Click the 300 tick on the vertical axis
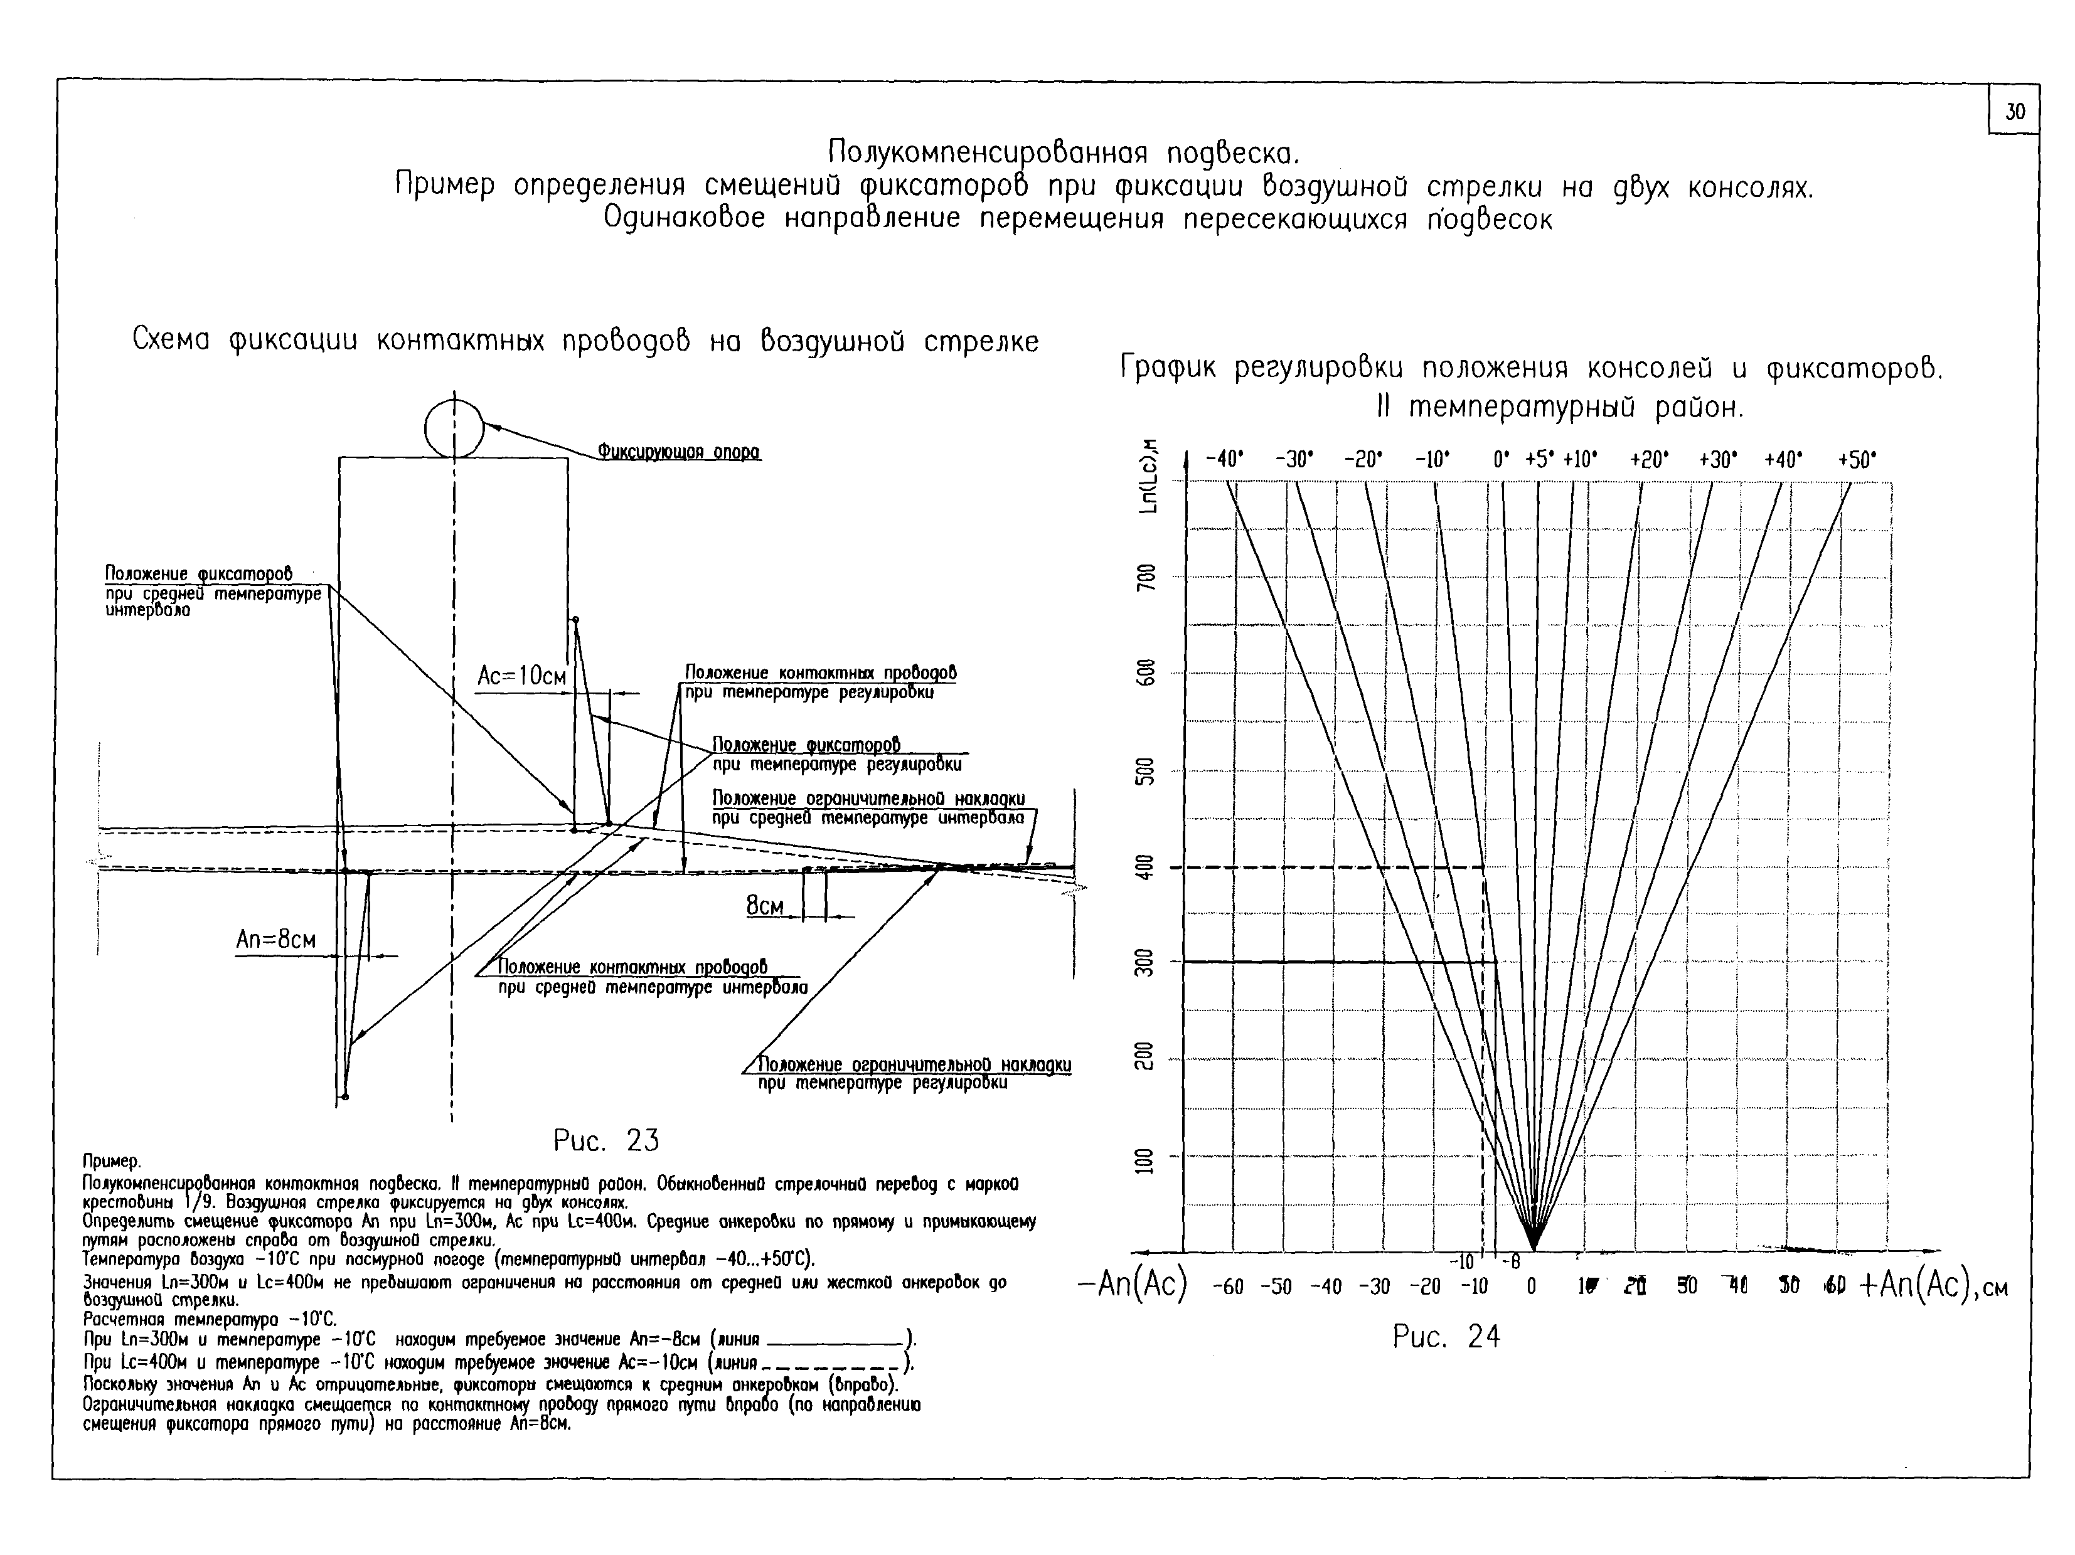(x=1145, y=962)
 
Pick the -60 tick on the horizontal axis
(x=1227, y=1287)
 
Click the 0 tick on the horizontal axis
(x=1531, y=1287)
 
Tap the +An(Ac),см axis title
(x=1933, y=1285)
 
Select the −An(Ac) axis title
(x=1132, y=1285)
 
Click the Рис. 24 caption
(x=1446, y=1337)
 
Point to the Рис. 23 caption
(x=606, y=1140)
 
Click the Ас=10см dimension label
(x=521, y=676)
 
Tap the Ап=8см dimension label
(x=276, y=940)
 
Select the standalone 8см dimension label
(x=764, y=906)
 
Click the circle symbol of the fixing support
(x=454, y=428)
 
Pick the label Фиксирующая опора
(x=679, y=452)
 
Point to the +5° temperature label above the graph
(x=1539, y=460)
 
